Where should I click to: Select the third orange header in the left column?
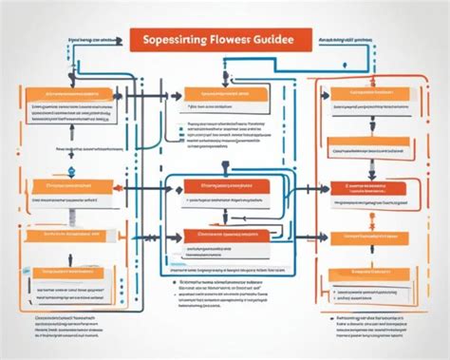(66, 232)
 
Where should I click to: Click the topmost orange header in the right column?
(366, 94)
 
